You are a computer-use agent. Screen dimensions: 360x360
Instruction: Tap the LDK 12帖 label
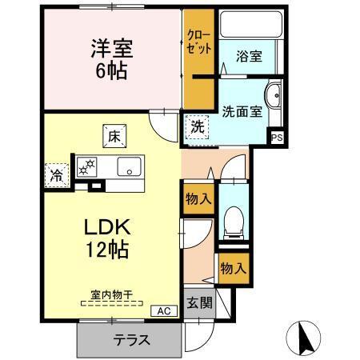[x=108, y=238]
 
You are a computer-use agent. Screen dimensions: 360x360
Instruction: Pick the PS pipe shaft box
[x=277, y=138]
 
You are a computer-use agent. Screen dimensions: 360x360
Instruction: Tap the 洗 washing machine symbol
[x=196, y=126]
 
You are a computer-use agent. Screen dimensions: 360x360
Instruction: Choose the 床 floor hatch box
[x=112, y=137]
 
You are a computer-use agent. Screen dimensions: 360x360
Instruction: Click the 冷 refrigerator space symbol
[x=57, y=171]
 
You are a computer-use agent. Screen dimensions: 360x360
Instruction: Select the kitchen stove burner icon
[x=85, y=167]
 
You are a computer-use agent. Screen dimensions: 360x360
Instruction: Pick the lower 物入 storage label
[x=233, y=269]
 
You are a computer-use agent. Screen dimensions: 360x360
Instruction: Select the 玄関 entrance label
[x=199, y=303]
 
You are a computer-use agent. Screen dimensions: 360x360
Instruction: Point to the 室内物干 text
[x=112, y=294]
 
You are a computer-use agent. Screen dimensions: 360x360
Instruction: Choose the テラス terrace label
[x=130, y=338]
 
